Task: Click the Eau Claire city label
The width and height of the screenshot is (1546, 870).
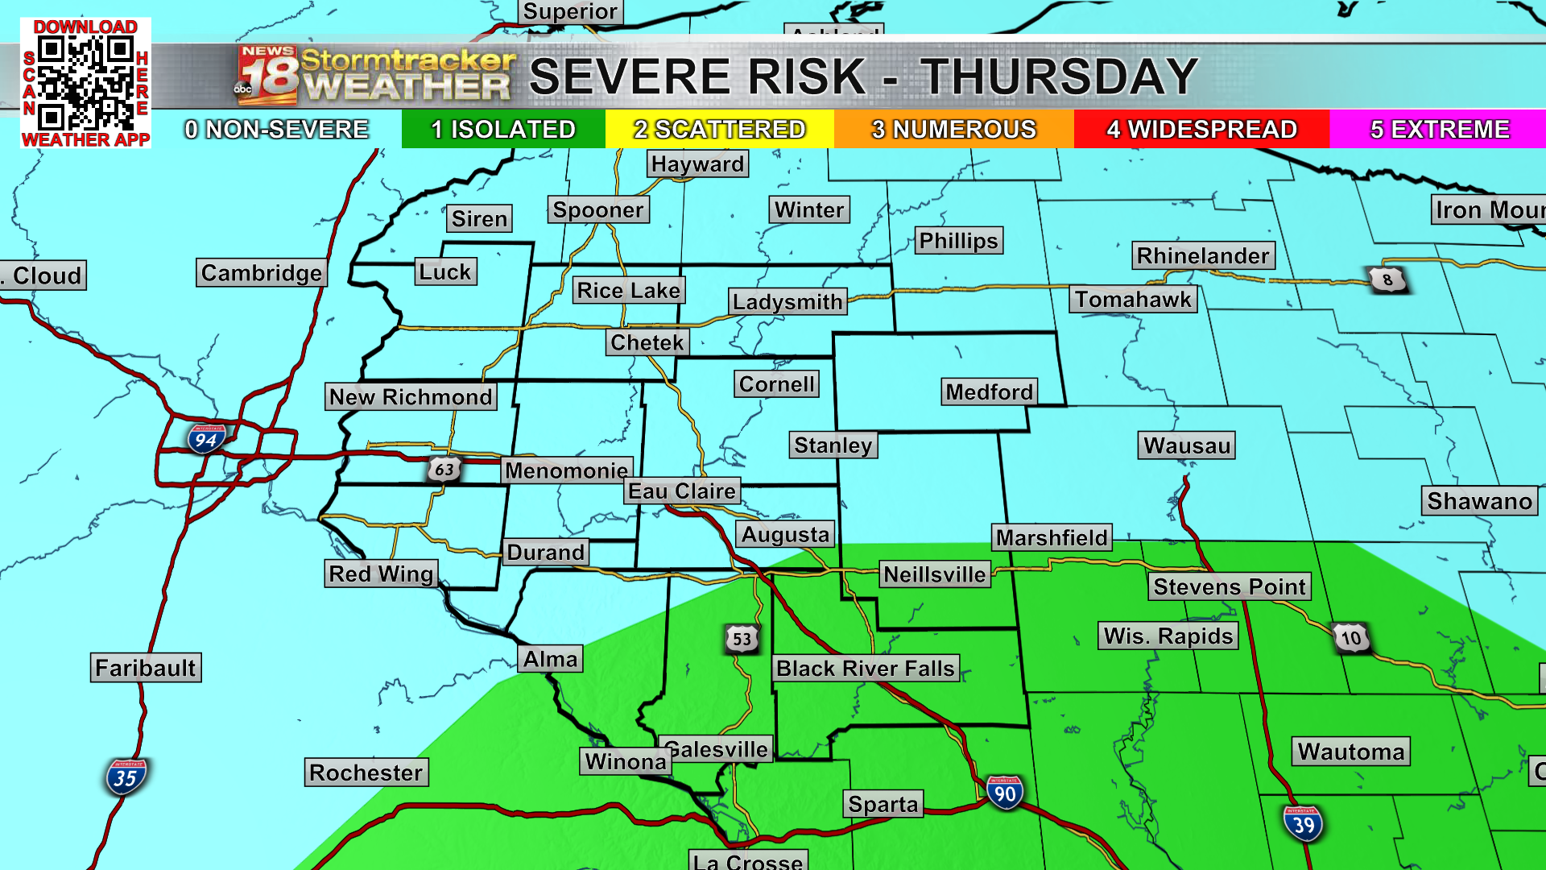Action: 682,491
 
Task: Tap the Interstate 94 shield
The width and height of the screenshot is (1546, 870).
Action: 206,439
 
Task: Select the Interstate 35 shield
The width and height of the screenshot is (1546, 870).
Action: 125,777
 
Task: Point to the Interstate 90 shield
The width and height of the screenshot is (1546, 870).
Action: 1004,793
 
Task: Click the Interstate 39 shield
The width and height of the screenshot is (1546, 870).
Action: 1303,824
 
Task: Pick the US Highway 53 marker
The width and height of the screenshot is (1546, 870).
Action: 742,639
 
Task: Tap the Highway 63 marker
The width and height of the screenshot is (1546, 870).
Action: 444,469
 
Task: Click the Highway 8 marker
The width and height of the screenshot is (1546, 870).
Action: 1387,280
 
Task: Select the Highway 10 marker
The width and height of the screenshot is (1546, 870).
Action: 1350,638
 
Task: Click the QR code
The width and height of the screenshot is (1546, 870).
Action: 85,83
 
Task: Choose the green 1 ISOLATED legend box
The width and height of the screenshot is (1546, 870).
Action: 503,129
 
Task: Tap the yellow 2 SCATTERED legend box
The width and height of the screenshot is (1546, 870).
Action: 719,129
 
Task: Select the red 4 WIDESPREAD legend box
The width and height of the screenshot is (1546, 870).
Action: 1201,129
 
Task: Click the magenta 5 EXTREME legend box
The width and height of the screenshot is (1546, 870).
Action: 1439,129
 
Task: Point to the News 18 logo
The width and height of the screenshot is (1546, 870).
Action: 267,76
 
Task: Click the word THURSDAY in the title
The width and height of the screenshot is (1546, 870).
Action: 1059,77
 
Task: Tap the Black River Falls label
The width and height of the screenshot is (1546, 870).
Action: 866,669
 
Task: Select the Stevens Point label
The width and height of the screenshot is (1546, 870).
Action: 1229,586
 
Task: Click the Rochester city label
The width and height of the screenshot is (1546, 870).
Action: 366,773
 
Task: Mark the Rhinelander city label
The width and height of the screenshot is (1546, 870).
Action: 1203,256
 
